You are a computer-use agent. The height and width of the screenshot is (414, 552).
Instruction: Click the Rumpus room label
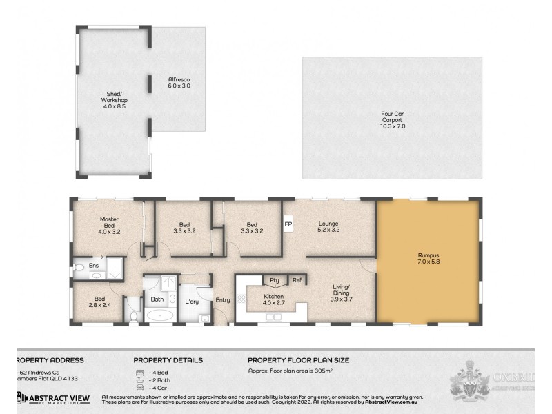[x=427, y=259]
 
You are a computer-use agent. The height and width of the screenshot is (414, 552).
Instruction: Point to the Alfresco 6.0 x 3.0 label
[x=179, y=83]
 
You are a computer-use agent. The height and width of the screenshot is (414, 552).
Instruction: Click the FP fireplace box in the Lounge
[x=288, y=224]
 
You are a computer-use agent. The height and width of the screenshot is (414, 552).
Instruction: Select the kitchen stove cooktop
[x=241, y=299]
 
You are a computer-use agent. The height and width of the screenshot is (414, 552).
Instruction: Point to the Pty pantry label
[x=274, y=280]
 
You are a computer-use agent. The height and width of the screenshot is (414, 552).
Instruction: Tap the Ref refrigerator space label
[x=296, y=280]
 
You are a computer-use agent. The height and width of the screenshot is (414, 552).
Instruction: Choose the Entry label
[x=222, y=299]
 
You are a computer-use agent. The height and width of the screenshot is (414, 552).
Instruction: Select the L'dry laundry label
[x=192, y=302]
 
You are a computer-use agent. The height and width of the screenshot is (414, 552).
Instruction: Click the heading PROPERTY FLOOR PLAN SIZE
[x=298, y=359]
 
